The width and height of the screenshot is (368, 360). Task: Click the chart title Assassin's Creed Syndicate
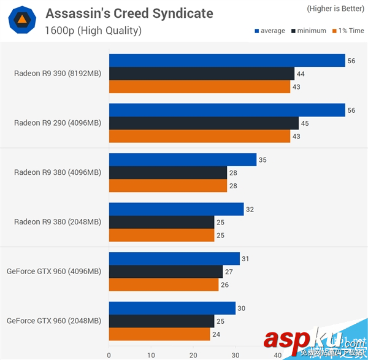coord(129,13)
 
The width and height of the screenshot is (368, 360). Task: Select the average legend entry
coord(269,31)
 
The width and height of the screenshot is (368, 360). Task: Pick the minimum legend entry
coord(309,31)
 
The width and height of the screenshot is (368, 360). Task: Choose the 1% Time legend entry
coord(348,31)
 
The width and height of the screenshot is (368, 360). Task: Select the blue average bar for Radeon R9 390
coord(227,60)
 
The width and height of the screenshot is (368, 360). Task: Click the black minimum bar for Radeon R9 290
coord(204,123)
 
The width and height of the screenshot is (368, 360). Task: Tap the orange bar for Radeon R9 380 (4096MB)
coord(167,186)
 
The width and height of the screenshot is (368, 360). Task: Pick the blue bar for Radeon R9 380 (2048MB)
coord(176,209)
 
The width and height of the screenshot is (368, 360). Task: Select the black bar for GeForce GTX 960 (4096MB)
coord(166,272)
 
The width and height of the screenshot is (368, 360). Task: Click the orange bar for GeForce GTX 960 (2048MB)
coord(159,334)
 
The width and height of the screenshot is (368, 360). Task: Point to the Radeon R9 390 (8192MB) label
coord(58,73)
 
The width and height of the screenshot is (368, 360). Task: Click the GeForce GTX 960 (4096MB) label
coord(54,272)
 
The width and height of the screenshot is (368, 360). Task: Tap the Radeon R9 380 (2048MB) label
coord(58,222)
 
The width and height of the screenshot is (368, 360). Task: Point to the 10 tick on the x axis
coord(151,355)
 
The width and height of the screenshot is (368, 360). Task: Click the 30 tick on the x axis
coord(236,355)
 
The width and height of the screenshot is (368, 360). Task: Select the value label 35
coord(263,160)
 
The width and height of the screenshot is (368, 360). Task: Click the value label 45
coord(305,123)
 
